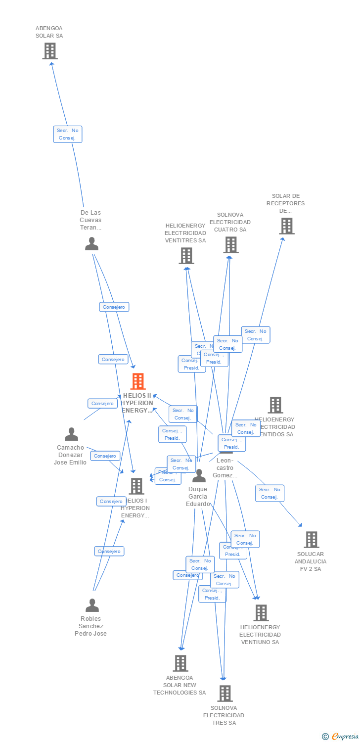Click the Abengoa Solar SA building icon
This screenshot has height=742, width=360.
49,51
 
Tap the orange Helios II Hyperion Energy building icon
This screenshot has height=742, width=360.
138,381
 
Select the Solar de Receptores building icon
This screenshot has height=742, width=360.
286,226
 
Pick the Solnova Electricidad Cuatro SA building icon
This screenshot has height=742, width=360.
230,245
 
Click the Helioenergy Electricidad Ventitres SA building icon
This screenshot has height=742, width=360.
186,256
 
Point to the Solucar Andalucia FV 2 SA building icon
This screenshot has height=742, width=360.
311,540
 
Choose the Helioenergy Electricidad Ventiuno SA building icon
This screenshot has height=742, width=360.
261,613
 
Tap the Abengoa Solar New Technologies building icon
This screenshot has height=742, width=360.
180,663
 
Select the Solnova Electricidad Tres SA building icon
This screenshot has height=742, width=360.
225,694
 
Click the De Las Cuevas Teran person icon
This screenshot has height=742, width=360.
91,244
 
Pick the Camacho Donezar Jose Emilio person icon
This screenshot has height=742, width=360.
71,434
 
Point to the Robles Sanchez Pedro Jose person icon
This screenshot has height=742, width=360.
92,605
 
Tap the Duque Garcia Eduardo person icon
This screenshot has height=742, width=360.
199,476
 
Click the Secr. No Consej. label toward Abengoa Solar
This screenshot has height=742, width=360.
68,134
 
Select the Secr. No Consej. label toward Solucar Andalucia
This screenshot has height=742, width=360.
270,493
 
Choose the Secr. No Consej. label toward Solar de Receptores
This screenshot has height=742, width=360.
256,335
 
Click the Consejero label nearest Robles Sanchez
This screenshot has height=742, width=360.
109,551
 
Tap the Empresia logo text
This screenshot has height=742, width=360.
345,737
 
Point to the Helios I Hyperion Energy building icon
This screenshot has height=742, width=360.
136,486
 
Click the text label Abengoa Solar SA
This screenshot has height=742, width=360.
49,32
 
